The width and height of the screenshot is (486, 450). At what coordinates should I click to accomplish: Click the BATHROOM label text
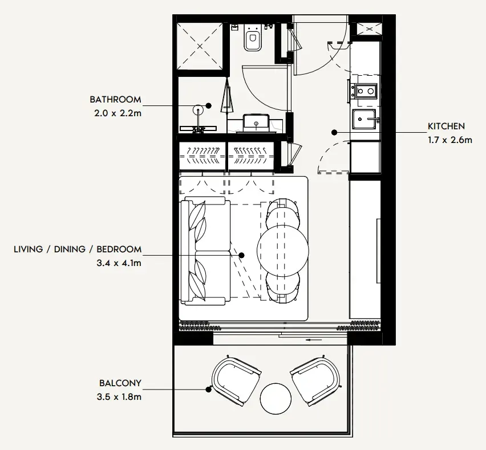tap(115, 99)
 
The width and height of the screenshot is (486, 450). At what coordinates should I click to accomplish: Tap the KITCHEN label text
tap(446, 126)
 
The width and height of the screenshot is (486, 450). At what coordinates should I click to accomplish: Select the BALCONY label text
tap(120, 383)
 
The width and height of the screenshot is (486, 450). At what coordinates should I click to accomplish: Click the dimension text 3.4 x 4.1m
tap(119, 263)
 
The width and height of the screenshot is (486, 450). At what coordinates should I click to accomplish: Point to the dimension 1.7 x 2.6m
tap(450, 140)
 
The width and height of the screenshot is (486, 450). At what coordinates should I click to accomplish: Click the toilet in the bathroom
tap(253, 37)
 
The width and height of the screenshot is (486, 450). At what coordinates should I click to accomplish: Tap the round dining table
tap(283, 251)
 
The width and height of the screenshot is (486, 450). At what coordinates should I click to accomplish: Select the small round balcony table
tap(276, 398)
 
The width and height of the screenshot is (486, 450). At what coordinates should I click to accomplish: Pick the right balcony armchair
tap(315, 381)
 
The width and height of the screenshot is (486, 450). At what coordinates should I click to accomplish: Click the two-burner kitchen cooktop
tap(366, 91)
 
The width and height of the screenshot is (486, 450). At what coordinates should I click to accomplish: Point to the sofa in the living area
tap(205, 251)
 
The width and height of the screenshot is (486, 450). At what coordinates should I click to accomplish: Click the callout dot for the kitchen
tap(334, 133)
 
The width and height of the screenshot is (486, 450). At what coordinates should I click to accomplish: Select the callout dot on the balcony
tap(209, 390)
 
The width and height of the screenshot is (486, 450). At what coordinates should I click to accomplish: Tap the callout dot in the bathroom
tap(209, 105)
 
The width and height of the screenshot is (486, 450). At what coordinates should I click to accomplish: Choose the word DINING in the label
tap(70, 249)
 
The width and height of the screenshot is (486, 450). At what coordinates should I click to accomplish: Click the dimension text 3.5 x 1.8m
tap(119, 397)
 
